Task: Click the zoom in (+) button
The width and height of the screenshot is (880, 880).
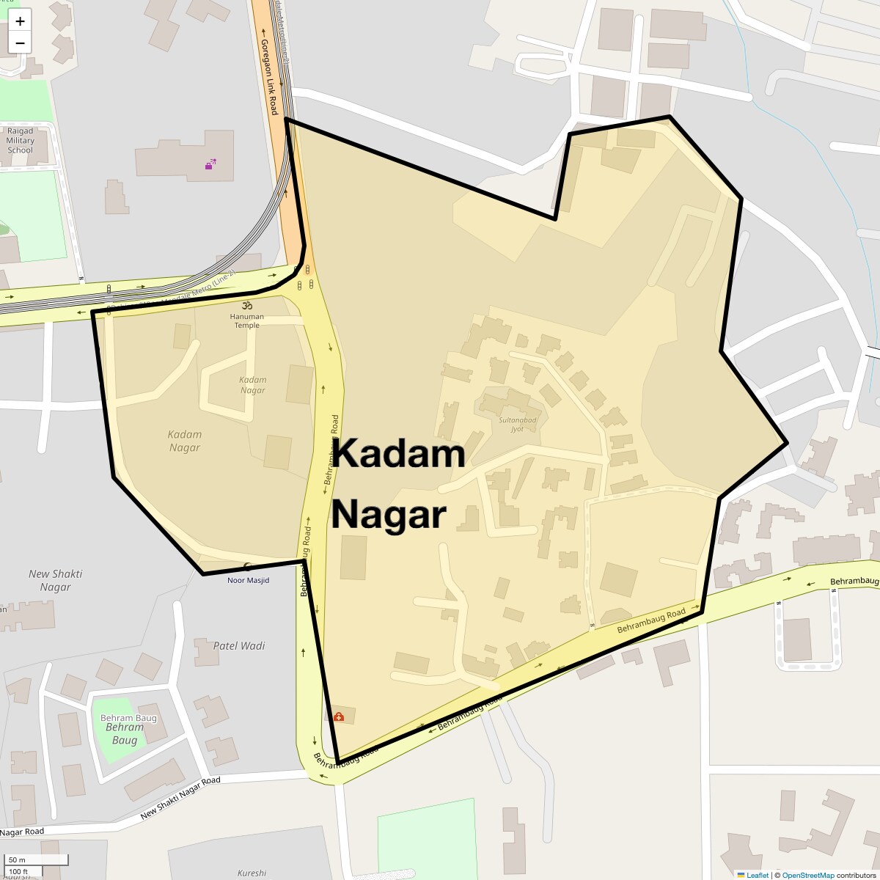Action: point(20,21)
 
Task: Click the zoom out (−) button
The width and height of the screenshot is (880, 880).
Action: point(20,42)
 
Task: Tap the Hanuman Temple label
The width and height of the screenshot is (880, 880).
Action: point(247,321)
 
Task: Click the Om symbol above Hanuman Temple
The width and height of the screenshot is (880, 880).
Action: point(247,305)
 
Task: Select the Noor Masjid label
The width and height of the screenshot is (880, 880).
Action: point(248,580)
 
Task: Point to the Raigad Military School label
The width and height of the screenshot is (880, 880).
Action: point(21,141)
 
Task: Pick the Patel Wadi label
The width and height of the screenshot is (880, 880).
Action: point(239,646)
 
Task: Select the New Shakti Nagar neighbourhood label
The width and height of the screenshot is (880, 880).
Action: point(56,580)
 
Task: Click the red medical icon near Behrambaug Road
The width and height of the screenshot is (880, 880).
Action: point(339,716)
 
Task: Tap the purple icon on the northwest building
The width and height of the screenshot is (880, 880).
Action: point(210,164)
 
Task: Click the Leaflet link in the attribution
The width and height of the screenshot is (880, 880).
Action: point(757,875)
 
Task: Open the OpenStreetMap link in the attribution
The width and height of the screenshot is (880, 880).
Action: point(807,875)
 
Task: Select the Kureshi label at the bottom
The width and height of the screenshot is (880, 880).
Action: point(252,873)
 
